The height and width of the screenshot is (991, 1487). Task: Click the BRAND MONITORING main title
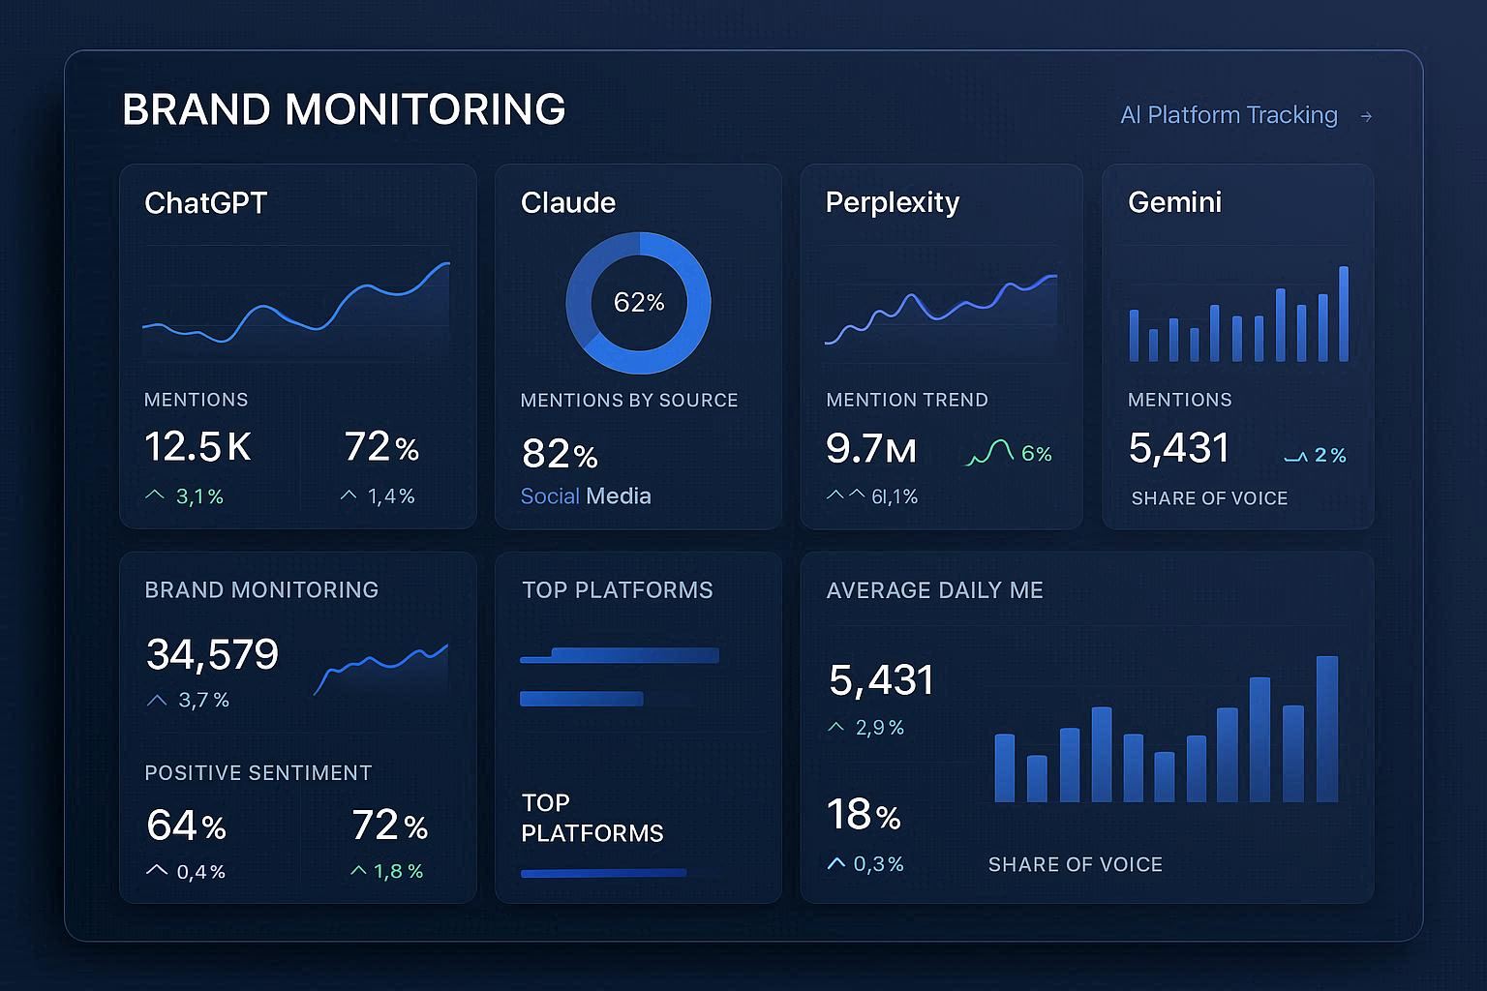click(x=344, y=109)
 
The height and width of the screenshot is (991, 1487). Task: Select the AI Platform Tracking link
click(x=1229, y=115)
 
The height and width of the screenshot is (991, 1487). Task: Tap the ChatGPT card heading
click(x=205, y=202)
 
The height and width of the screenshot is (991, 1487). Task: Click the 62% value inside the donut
click(x=639, y=302)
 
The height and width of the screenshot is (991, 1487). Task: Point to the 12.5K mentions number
click(x=197, y=447)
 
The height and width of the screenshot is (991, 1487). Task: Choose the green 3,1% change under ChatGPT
click(x=199, y=496)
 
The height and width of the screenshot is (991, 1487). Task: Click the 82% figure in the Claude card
click(x=560, y=454)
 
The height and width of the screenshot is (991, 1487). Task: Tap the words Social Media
click(x=586, y=496)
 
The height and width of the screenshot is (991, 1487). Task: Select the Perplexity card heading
click(x=892, y=202)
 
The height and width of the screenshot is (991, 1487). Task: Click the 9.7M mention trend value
click(x=870, y=449)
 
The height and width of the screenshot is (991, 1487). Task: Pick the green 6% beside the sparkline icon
click(x=1036, y=454)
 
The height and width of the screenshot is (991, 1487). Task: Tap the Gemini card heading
click(x=1174, y=202)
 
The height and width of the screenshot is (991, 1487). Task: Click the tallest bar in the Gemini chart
click(x=1344, y=314)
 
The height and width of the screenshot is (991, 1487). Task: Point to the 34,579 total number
click(x=212, y=654)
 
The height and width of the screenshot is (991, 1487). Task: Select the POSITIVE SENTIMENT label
click(x=258, y=772)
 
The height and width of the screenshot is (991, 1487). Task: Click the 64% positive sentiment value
click(x=186, y=826)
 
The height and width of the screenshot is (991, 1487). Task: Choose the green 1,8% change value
click(x=399, y=871)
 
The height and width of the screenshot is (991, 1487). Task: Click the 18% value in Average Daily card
click(x=864, y=815)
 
